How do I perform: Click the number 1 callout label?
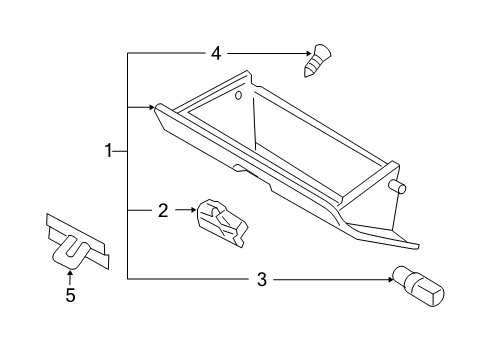pyautogui.click(x=108, y=151)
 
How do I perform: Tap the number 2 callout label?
pyautogui.click(x=162, y=210)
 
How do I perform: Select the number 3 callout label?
pyautogui.click(x=262, y=280)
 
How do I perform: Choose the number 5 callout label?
pyautogui.click(x=70, y=295)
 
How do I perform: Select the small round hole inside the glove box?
pyautogui.click(x=239, y=97)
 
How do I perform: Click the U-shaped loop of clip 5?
pyautogui.click(x=67, y=252)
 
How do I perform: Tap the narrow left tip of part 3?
pyautogui.click(x=395, y=276)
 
